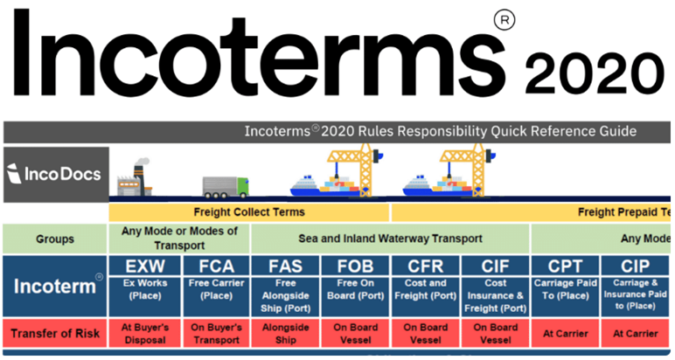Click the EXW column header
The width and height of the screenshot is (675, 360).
[x=144, y=266]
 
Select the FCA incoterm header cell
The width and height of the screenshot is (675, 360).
[x=216, y=266]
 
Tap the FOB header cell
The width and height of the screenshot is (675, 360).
[x=355, y=266]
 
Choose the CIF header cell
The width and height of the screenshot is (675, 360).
[x=495, y=266]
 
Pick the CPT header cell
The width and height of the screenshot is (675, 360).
[x=565, y=266]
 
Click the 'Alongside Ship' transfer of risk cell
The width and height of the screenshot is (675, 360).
[x=285, y=333]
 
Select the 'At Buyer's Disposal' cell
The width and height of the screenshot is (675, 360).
[x=144, y=333]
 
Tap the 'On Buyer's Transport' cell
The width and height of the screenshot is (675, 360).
[x=216, y=333]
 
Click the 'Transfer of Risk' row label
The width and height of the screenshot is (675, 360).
[x=55, y=333]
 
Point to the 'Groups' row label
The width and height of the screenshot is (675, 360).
[x=55, y=239]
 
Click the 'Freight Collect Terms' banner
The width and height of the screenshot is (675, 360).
[x=249, y=212]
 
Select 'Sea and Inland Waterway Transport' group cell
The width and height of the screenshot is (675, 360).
[x=390, y=239]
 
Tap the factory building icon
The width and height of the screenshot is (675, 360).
[x=135, y=178]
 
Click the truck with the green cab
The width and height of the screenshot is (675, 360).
[x=226, y=187]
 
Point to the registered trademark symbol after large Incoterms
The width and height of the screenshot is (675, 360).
[x=505, y=20]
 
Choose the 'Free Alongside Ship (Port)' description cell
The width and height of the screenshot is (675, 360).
[x=285, y=297]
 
